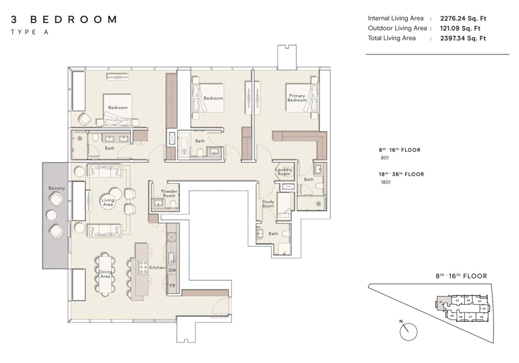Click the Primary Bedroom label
(x=297, y=97)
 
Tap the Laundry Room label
(x=284, y=172)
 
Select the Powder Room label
(x=169, y=193)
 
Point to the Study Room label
(x=268, y=203)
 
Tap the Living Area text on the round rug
(x=108, y=202)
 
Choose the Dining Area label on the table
(x=105, y=274)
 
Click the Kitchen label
(x=157, y=268)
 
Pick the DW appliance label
(x=172, y=270)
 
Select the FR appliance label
(x=172, y=286)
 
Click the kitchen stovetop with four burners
(x=143, y=267)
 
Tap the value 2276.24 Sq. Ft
(x=463, y=18)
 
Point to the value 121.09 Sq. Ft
(x=460, y=28)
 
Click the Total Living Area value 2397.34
(x=463, y=38)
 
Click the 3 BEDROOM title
(x=63, y=20)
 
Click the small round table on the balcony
(x=51, y=214)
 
